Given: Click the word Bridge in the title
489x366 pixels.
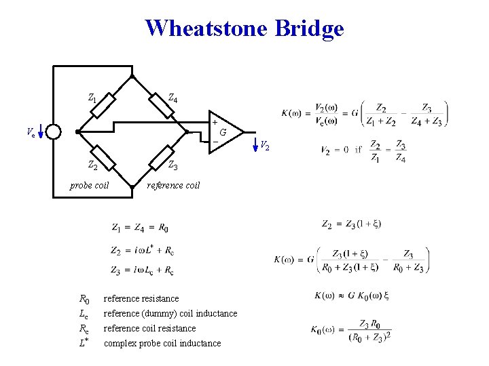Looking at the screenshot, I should click(x=310, y=28).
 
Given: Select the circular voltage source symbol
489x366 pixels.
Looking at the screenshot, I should click(x=54, y=131).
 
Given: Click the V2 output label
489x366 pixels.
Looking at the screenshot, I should click(x=264, y=144).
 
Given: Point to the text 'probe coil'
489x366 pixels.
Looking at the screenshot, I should click(x=90, y=185).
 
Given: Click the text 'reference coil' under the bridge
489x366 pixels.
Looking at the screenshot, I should click(x=174, y=185).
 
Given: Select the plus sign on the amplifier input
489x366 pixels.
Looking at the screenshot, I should click(x=215, y=123).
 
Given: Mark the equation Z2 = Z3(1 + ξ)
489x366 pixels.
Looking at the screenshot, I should click(x=351, y=224).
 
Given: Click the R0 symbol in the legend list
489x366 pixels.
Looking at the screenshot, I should click(x=84, y=298).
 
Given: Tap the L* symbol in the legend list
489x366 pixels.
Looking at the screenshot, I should click(x=84, y=342).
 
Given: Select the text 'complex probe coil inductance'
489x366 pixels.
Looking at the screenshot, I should click(x=162, y=343).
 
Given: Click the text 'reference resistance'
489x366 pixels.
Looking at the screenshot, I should click(x=141, y=298).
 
